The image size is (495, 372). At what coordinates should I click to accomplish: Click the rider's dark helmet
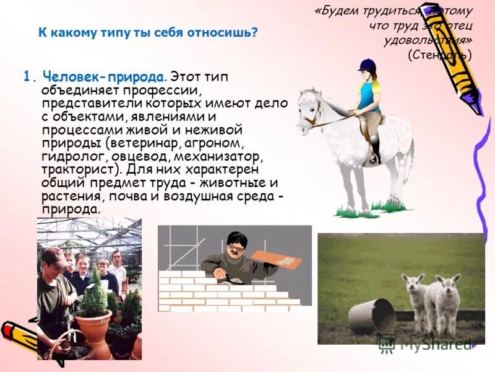pos(367,64)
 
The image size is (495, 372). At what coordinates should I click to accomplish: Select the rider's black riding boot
pos(374,150)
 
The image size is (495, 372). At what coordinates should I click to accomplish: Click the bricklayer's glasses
pos(235,248)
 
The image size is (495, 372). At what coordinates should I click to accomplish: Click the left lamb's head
pos(413,285)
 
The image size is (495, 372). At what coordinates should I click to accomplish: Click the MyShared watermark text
pos(433,345)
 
